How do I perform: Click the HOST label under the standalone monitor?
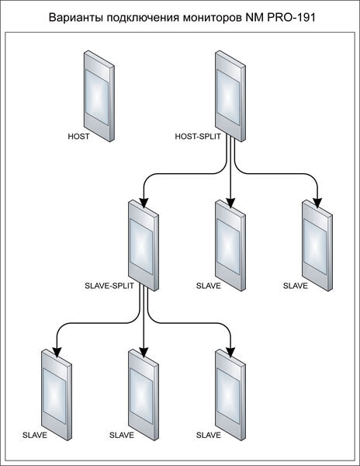click(78, 137)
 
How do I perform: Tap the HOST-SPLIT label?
click(198, 137)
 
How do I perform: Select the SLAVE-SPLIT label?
click(109, 286)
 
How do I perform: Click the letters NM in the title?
click(254, 18)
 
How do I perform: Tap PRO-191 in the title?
click(291, 18)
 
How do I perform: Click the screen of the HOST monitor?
click(97, 97)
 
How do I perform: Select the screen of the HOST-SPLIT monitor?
click(228, 97)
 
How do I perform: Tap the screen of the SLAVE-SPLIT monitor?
click(141, 247)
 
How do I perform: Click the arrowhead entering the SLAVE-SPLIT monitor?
click(144, 203)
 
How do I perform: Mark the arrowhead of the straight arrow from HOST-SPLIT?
click(230, 203)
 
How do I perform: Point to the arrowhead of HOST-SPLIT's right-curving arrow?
click(317, 203)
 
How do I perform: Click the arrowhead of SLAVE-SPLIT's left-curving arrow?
click(57, 353)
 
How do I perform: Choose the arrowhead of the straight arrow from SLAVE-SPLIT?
click(144, 353)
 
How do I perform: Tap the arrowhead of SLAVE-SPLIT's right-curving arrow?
click(230, 353)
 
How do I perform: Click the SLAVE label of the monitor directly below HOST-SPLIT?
click(209, 286)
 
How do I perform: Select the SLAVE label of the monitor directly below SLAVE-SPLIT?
click(122, 436)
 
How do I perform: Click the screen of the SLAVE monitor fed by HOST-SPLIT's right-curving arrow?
click(315, 247)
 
